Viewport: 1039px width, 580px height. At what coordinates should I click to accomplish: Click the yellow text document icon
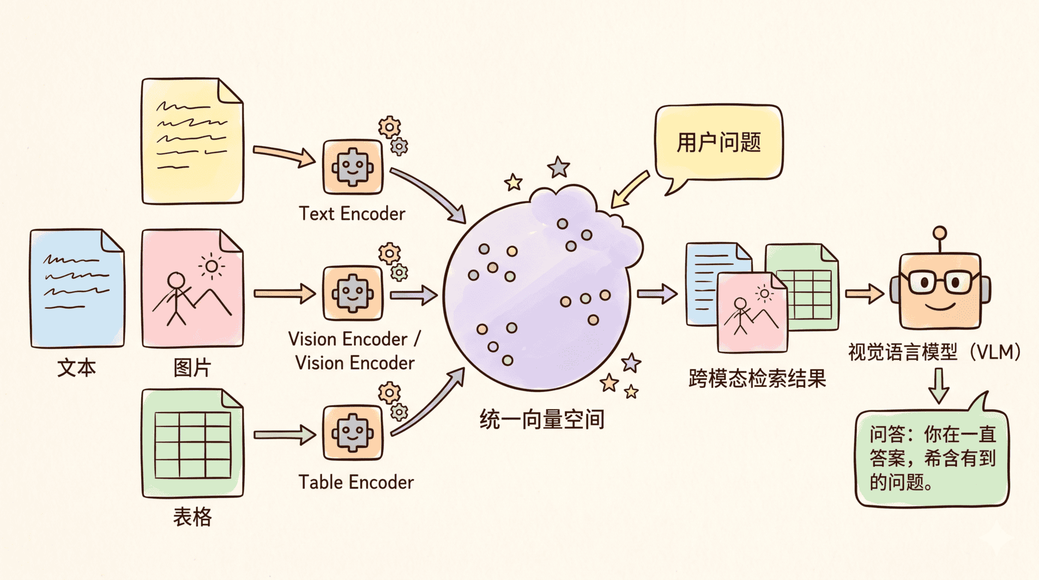(192, 141)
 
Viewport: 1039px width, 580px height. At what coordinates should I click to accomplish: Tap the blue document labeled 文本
(77, 289)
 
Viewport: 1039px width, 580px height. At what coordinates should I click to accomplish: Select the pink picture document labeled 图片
(192, 289)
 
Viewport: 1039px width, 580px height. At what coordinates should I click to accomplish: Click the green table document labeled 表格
(192, 443)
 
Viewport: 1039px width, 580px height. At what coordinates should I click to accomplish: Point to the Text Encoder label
(352, 214)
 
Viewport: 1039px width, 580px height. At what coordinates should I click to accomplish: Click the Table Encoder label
(356, 482)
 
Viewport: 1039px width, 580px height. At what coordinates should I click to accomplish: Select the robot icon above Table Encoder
(353, 433)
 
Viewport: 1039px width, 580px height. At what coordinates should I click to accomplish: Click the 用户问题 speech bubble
(719, 142)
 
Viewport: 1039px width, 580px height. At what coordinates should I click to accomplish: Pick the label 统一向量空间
(541, 420)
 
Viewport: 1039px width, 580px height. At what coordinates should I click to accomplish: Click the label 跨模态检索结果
(757, 379)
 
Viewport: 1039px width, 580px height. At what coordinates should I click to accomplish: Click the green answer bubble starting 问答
(932, 459)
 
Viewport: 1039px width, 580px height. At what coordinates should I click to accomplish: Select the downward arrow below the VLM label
(939, 385)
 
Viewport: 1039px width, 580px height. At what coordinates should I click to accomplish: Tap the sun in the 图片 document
(211, 266)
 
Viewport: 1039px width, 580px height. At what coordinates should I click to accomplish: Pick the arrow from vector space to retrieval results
(657, 294)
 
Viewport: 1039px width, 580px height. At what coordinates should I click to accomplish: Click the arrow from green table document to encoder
(284, 434)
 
